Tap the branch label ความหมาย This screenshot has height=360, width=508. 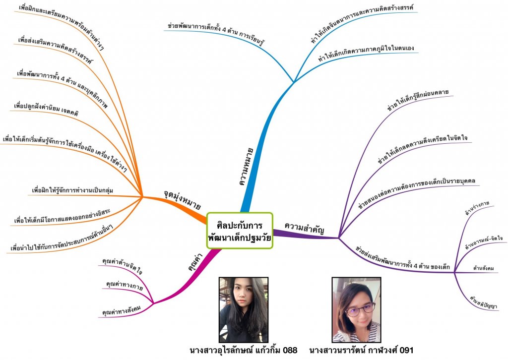coord(247,166)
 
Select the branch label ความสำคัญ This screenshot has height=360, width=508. coord(304,227)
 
